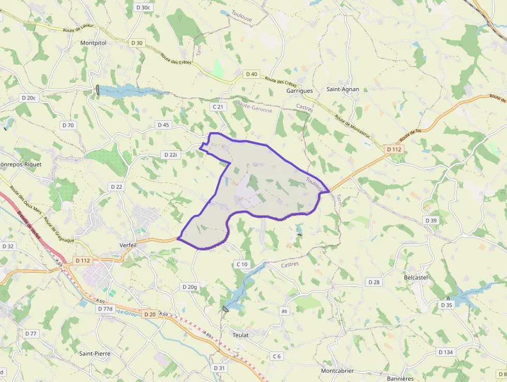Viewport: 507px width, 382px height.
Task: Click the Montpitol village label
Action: [x=93, y=43]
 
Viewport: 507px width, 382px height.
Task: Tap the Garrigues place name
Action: [x=300, y=91]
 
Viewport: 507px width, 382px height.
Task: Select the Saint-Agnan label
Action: [x=342, y=89]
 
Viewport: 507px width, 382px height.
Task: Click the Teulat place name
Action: [x=241, y=335]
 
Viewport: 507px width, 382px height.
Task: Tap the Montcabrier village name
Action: [x=337, y=371]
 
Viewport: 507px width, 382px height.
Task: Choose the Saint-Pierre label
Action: [x=95, y=353]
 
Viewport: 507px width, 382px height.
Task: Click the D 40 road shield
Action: [x=251, y=74]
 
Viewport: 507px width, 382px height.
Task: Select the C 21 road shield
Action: [x=218, y=107]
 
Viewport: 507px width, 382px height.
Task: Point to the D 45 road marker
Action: [x=163, y=125]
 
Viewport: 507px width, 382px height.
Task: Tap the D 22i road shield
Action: [x=170, y=154]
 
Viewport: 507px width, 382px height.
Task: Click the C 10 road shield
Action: [x=242, y=264]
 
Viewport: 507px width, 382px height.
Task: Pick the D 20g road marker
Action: [x=190, y=287]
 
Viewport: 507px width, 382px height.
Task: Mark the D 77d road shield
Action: [x=105, y=308]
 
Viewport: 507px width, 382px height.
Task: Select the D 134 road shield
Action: [x=445, y=352]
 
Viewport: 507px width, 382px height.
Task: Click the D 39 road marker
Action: [x=431, y=220]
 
